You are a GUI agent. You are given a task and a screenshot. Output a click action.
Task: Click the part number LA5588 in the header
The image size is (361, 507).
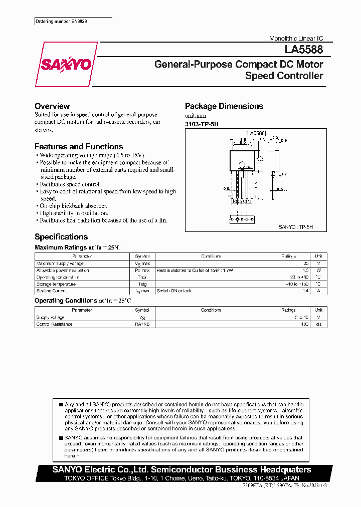(x=304, y=50)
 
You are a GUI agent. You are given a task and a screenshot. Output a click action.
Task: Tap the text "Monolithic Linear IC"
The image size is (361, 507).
(x=296, y=39)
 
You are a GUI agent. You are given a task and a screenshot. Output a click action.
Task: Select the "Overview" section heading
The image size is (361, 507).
(x=52, y=106)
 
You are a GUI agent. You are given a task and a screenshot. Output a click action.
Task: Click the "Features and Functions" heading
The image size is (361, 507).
(x=79, y=147)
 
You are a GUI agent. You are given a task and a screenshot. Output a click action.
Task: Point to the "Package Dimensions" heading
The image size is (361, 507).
(x=224, y=106)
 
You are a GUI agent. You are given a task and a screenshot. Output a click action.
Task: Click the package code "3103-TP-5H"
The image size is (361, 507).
(x=202, y=124)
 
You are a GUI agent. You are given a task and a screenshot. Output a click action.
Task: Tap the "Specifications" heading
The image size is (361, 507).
(x=61, y=237)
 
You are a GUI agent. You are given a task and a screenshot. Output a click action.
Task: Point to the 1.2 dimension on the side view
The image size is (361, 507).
(x=284, y=174)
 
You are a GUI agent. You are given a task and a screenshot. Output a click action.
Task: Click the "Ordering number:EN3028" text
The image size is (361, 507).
(x=62, y=22)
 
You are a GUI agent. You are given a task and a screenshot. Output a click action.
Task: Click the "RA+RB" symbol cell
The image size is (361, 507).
(x=142, y=324)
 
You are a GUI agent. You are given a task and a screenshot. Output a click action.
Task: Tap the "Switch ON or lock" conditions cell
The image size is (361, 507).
(x=174, y=291)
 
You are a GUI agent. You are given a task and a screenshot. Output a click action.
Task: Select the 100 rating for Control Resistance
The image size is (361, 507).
(x=304, y=324)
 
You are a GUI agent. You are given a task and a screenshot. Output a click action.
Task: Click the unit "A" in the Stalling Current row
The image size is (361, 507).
(x=318, y=291)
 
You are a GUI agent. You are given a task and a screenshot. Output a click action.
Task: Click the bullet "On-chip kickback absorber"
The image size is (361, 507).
(x=73, y=206)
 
